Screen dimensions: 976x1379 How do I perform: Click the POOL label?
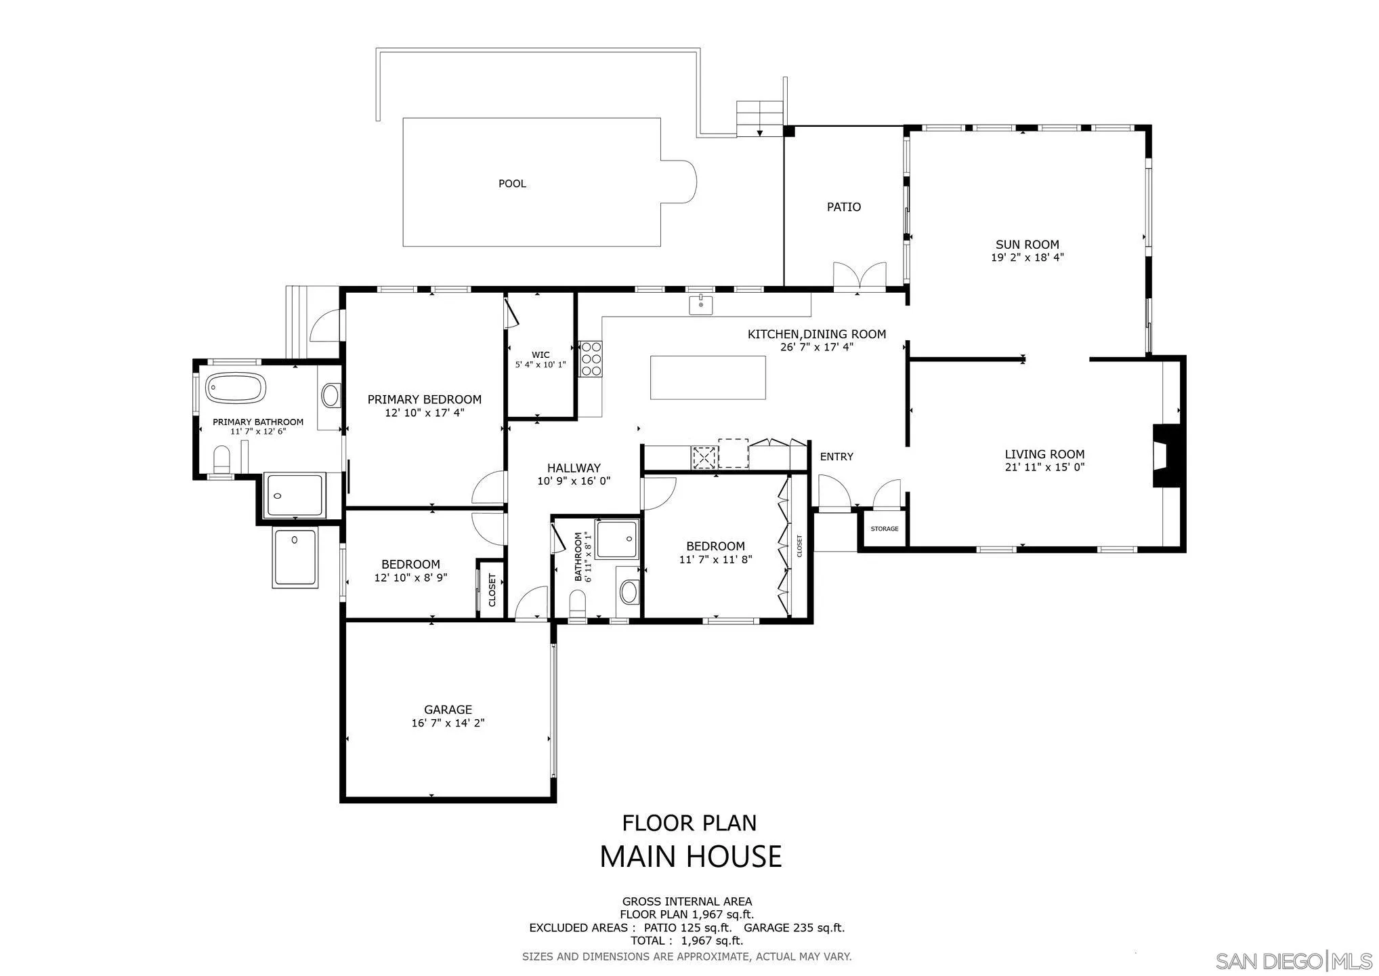pyautogui.click(x=512, y=184)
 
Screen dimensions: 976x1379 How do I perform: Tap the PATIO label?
pyautogui.click(x=843, y=207)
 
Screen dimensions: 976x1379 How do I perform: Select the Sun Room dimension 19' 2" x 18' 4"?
pyautogui.click(x=1027, y=258)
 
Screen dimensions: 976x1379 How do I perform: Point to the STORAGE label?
pyautogui.click(x=884, y=529)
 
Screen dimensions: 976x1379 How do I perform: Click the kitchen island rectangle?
pyautogui.click(x=708, y=378)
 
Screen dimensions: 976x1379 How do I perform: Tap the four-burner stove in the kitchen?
pyautogui.click(x=591, y=358)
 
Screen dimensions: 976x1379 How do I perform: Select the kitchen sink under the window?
pyautogui.click(x=701, y=305)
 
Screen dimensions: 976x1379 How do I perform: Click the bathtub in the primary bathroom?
pyautogui.click(x=235, y=388)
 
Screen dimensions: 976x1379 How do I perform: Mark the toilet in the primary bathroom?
pyautogui.click(x=221, y=460)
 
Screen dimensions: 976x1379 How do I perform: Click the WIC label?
pyautogui.click(x=540, y=354)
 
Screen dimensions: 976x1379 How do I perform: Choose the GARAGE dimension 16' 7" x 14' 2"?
pyautogui.click(x=448, y=723)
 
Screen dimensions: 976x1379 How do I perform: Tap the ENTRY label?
pyautogui.click(x=836, y=457)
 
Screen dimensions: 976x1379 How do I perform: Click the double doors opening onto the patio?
pyautogui.click(x=859, y=277)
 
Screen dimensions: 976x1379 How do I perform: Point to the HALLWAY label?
pyautogui.click(x=574, y=468)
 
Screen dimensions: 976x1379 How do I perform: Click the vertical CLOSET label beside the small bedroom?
pyautogui.click(x=492, y=590)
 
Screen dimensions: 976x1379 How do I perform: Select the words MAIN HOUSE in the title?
pyautogui.click(x=690, y=857)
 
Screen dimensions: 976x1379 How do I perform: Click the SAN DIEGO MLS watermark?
pyautogui.click(x=1292, y=961)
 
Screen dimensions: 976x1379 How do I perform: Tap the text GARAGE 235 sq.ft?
pyautogui.click(x=794, y=928)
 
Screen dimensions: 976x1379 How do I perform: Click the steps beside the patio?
pyautogui.click(x=759, y=119)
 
